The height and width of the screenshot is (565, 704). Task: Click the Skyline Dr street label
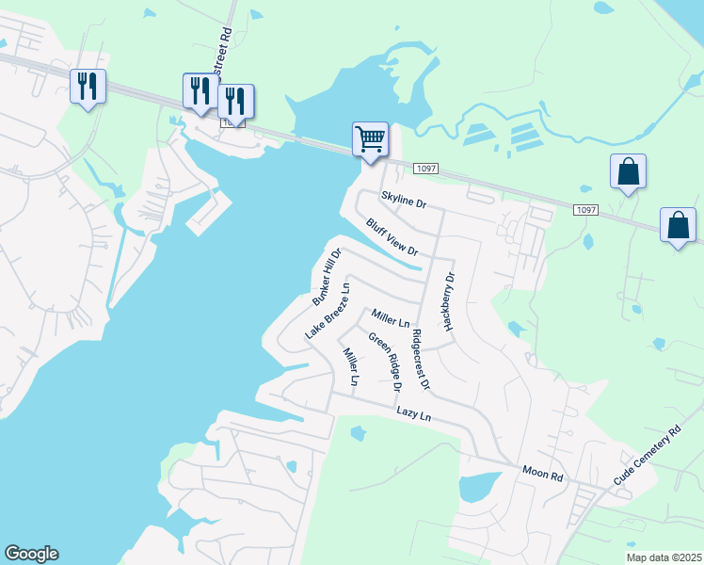[404, 201]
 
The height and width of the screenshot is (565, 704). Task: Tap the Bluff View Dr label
[392, 237]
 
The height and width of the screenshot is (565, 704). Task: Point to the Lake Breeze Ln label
[328, 310]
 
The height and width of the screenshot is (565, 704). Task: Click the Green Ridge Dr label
[385, 363]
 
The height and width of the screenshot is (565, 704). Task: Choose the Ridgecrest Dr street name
[420, 359]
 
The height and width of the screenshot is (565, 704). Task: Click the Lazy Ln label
[413, 413]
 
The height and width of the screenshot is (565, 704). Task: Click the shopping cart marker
[370, 139]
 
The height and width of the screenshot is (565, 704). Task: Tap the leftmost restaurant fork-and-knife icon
[87, 87]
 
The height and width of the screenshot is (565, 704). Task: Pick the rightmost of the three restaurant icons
[235, 100]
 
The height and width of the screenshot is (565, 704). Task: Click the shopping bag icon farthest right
[678, 226]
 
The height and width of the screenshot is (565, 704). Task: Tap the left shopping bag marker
[628, 172]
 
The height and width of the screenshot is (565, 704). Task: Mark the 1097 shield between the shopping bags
[584, 209]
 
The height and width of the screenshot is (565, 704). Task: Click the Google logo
[31, 554]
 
